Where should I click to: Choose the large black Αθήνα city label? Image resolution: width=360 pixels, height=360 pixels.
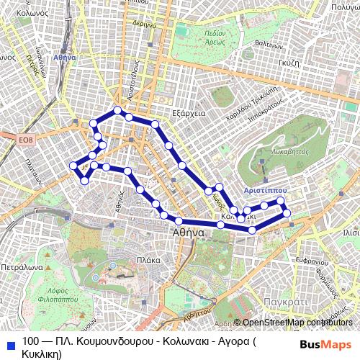click(x=189, y=233)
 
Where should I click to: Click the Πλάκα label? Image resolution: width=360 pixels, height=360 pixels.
click(x=148, y=260)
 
